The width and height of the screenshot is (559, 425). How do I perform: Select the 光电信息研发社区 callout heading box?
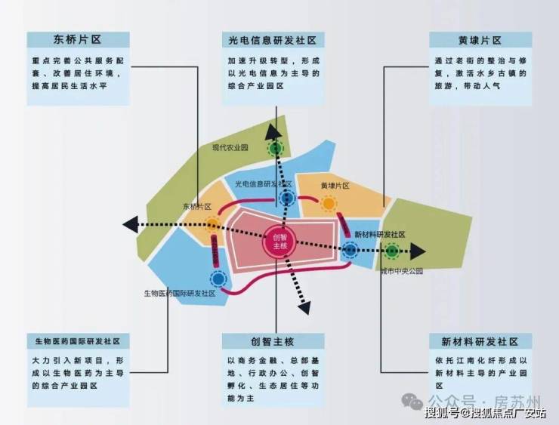pyautogui.click(x=273, y=40)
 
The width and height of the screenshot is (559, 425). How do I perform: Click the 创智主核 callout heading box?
pyautogui.click(x=273, y=342)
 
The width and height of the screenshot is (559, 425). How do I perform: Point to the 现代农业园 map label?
pyautogui.click(x=230, y=148)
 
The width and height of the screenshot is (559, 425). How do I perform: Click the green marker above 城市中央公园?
pyautogui.click(x=392, y=251)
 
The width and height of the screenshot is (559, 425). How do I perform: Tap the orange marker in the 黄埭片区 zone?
pyautogui.click(x=329, y=204)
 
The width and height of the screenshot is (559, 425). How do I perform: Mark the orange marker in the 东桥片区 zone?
pyautogui.click(x=212, y=223)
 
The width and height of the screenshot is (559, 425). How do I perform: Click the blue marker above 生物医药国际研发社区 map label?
pyautogui.click(x=218, y=279)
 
